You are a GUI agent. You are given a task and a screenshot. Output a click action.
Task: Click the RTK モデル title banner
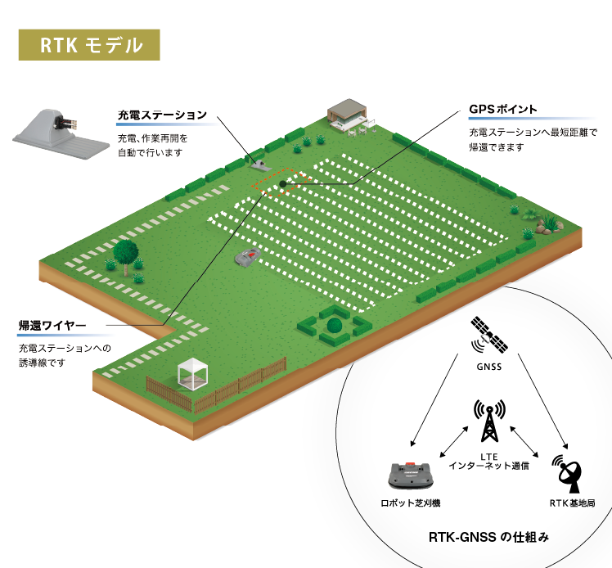pos(89,45)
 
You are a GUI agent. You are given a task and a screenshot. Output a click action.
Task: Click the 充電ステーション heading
pos(162,115)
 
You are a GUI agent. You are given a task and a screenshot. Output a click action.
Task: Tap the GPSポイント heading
pos(502,110)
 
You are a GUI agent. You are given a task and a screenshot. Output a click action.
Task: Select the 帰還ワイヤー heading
pos(52,325)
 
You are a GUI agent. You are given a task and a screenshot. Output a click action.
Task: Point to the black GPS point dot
pos(283,184)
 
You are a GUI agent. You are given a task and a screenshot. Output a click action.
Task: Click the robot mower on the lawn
pos(247,256)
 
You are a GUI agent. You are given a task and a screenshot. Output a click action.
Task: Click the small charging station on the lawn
pos(261,164)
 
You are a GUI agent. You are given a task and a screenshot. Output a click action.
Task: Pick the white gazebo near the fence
pos(193,373)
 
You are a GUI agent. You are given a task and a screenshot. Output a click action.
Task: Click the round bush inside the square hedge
pos(334,325)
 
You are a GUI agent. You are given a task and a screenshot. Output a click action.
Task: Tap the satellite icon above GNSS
pos(488,335)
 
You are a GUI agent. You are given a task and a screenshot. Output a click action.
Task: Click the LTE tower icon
pos(489,421)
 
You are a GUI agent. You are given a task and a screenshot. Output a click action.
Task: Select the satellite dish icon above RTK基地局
pos(568,473)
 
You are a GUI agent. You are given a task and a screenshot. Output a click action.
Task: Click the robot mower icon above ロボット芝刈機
pos(411,475)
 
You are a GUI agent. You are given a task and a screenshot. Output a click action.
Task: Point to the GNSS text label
pos(489,367)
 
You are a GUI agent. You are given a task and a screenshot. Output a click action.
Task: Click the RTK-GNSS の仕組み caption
pos(488,537)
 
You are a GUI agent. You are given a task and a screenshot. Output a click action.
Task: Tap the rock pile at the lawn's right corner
pos(549,227)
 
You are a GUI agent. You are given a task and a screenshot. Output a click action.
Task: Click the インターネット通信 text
pos(488,466)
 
